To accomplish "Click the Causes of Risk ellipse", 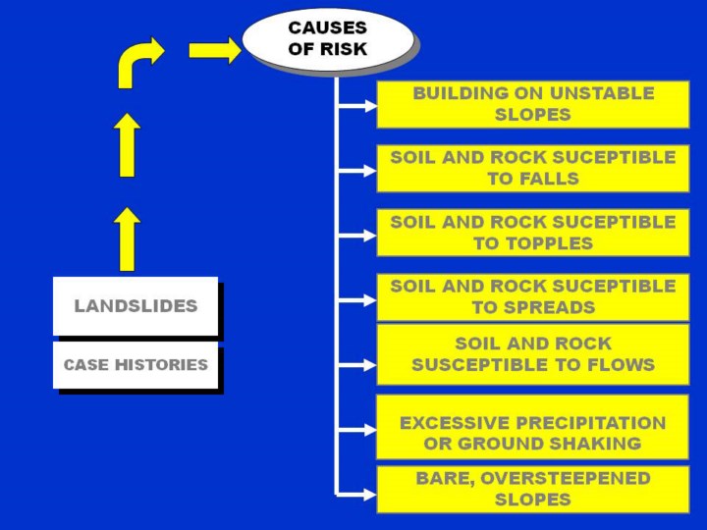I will point(327,39).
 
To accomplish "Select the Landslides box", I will point(136,305).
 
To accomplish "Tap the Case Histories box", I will point(136,364).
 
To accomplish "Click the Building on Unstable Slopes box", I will point(533,104).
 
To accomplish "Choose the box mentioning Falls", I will point(533,168).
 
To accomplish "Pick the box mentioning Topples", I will point(533,233).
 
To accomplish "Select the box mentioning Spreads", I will point(533,296).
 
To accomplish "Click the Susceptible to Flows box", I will point(533,354).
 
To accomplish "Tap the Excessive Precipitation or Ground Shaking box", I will point(533,433).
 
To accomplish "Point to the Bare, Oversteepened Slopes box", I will point(533,489).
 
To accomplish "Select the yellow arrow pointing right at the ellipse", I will point(214,50).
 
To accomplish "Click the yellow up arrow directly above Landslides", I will point(127,238).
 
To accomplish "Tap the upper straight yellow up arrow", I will point(127,145).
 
